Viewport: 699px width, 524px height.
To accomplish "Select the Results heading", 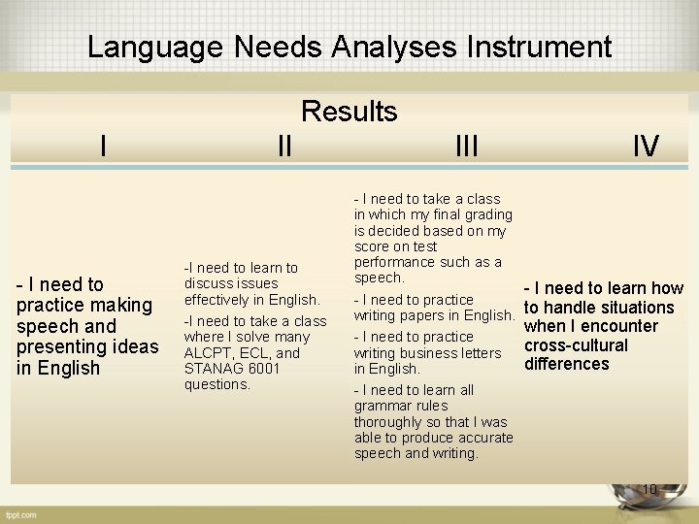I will (349, 112).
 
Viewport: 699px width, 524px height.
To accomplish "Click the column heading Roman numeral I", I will (103, 147).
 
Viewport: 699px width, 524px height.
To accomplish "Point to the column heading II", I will (283, 147).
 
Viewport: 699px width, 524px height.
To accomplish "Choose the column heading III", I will (466, 147).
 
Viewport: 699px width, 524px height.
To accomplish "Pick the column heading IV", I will (646, 147).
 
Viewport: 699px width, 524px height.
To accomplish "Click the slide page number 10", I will (649, 489).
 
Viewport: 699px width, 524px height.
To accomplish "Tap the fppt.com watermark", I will (19, 513).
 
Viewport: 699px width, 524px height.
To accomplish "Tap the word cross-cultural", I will (576, 345).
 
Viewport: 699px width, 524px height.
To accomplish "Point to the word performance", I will (396, 262).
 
